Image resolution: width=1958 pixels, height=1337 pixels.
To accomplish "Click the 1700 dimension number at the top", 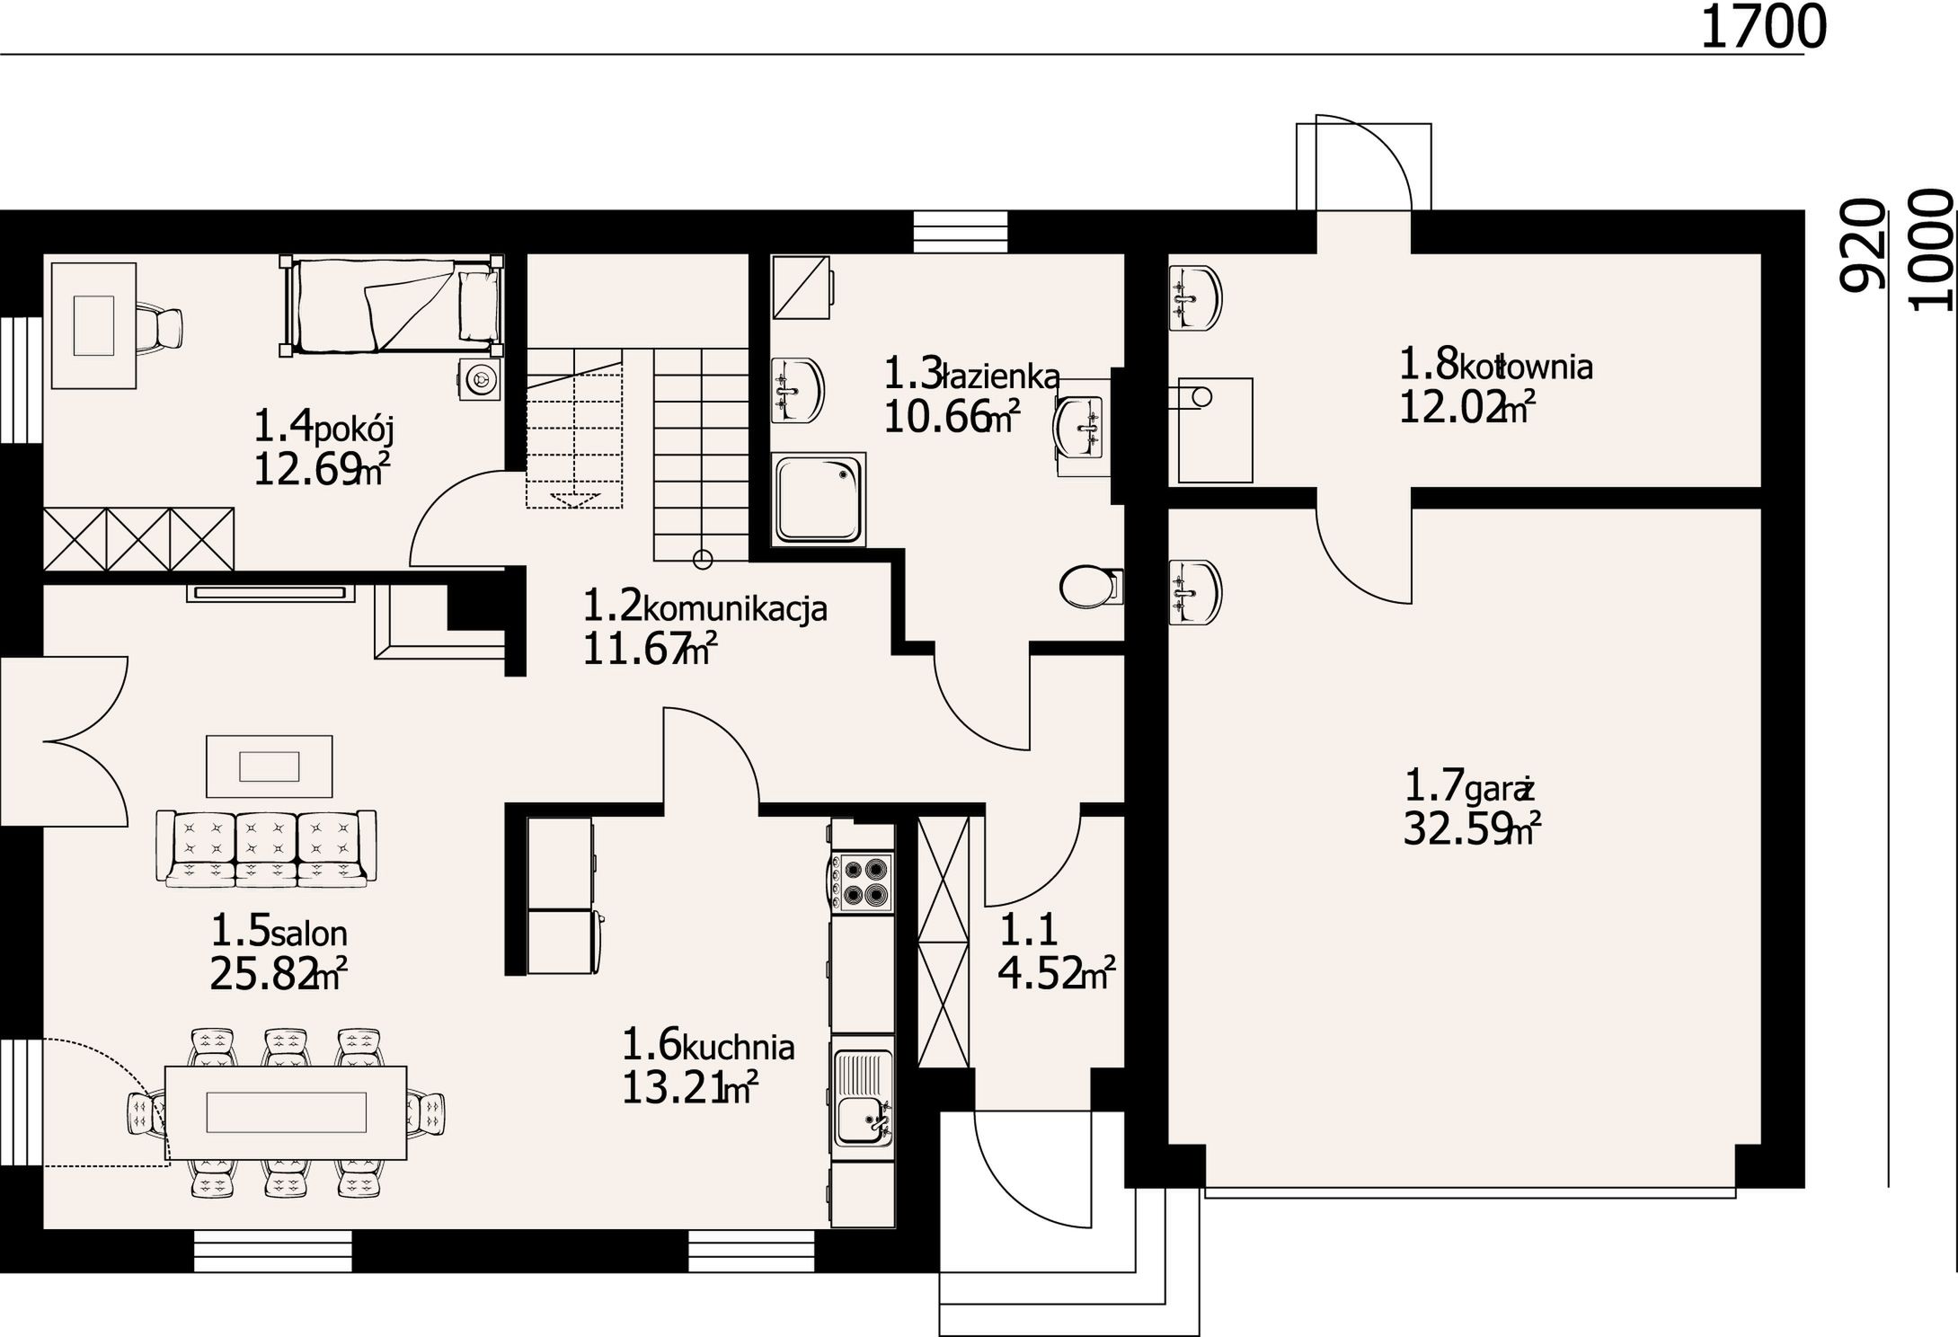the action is point(1763,27).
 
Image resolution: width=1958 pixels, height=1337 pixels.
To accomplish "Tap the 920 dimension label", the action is point(1860,244).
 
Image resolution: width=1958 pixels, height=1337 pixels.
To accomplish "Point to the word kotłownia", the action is point(1525,367).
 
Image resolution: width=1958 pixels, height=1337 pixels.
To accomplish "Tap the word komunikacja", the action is point(735,609).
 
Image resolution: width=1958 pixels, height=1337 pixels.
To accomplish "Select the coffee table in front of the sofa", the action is point(270,766).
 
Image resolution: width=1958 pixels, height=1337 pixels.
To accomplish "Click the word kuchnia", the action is point(738,1048).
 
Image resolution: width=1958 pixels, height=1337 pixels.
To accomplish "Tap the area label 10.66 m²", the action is point(952,417).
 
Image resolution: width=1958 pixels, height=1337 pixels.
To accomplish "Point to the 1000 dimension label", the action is point(1931,249).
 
